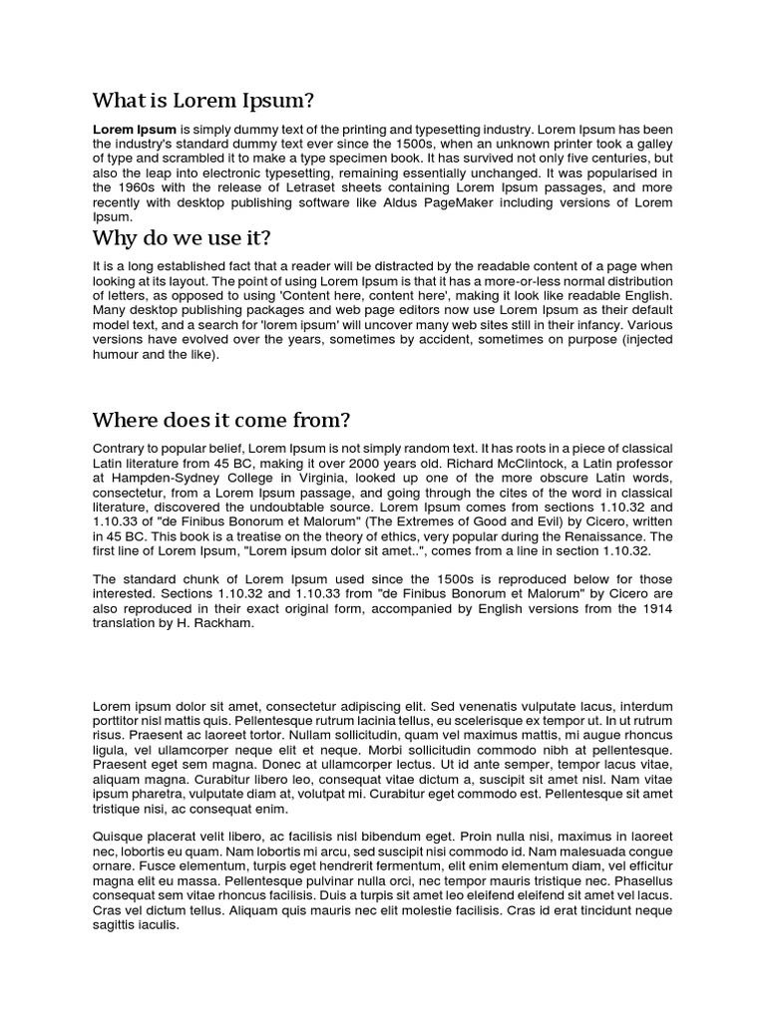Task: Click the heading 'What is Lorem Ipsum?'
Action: tap(203, 101)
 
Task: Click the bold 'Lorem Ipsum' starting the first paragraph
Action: tap(135, 130)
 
